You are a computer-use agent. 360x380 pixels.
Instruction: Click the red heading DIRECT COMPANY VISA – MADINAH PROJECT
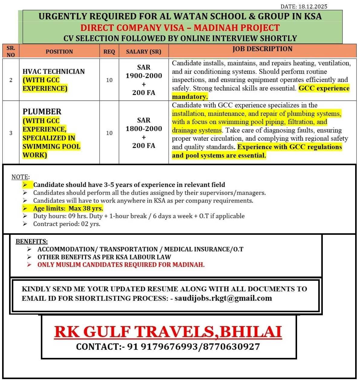click(180, 28)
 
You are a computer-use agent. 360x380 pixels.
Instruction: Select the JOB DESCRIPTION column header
click(262, 49)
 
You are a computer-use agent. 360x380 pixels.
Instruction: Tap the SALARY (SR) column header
click(143, 52)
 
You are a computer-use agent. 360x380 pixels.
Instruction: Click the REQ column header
click(109, 52)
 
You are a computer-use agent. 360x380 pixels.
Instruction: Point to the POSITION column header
click(59, 52)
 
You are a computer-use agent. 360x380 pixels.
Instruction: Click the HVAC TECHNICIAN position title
click(54, 71)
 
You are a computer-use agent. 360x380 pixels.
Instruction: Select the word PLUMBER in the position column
click(42, 112)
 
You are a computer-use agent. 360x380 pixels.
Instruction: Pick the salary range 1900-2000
click(144, 76)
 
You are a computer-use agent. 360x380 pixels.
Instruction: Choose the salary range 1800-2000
click(144, 129)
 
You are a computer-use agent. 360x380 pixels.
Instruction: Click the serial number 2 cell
click(11, 80)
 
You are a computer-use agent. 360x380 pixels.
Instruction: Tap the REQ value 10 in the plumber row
click(109, 133)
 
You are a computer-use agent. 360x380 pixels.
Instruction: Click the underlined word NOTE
click(20, 177)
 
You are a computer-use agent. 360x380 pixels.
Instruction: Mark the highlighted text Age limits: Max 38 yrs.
click(68, 208)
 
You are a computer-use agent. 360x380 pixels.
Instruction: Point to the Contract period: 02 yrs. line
click(67, 224)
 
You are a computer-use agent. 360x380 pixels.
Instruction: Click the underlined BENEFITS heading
click(31, 241)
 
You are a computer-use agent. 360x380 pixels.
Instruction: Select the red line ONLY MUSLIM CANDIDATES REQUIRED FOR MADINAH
click(121, 265)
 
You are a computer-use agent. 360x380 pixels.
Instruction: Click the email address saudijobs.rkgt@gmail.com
click(223, 298)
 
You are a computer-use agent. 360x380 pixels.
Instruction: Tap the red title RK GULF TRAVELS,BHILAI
click(168, 332)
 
